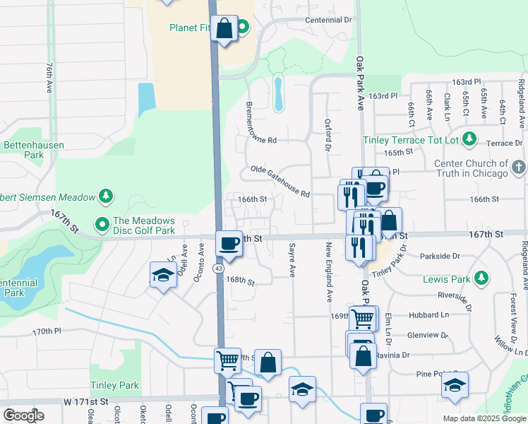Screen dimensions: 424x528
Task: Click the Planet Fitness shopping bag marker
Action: [224, 29]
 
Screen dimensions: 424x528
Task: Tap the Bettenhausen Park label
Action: [33, 149]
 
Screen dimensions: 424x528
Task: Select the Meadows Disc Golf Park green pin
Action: [102, 225]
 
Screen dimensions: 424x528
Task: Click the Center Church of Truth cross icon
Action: [519, 167]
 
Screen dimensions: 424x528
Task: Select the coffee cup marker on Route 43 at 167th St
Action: [228, 244]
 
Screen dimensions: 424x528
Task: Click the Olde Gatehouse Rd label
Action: [280, 182]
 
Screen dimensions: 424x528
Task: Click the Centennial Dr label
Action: [328, 20]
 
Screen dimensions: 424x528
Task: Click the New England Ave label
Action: [328, 273]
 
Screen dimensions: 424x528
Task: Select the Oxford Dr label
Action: [328, 134]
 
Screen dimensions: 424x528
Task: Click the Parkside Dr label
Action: [440, 256]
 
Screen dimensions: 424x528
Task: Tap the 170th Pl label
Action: [47, 330]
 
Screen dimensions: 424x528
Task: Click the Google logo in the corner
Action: [23, 415]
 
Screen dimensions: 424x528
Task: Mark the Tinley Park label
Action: [114, 385]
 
